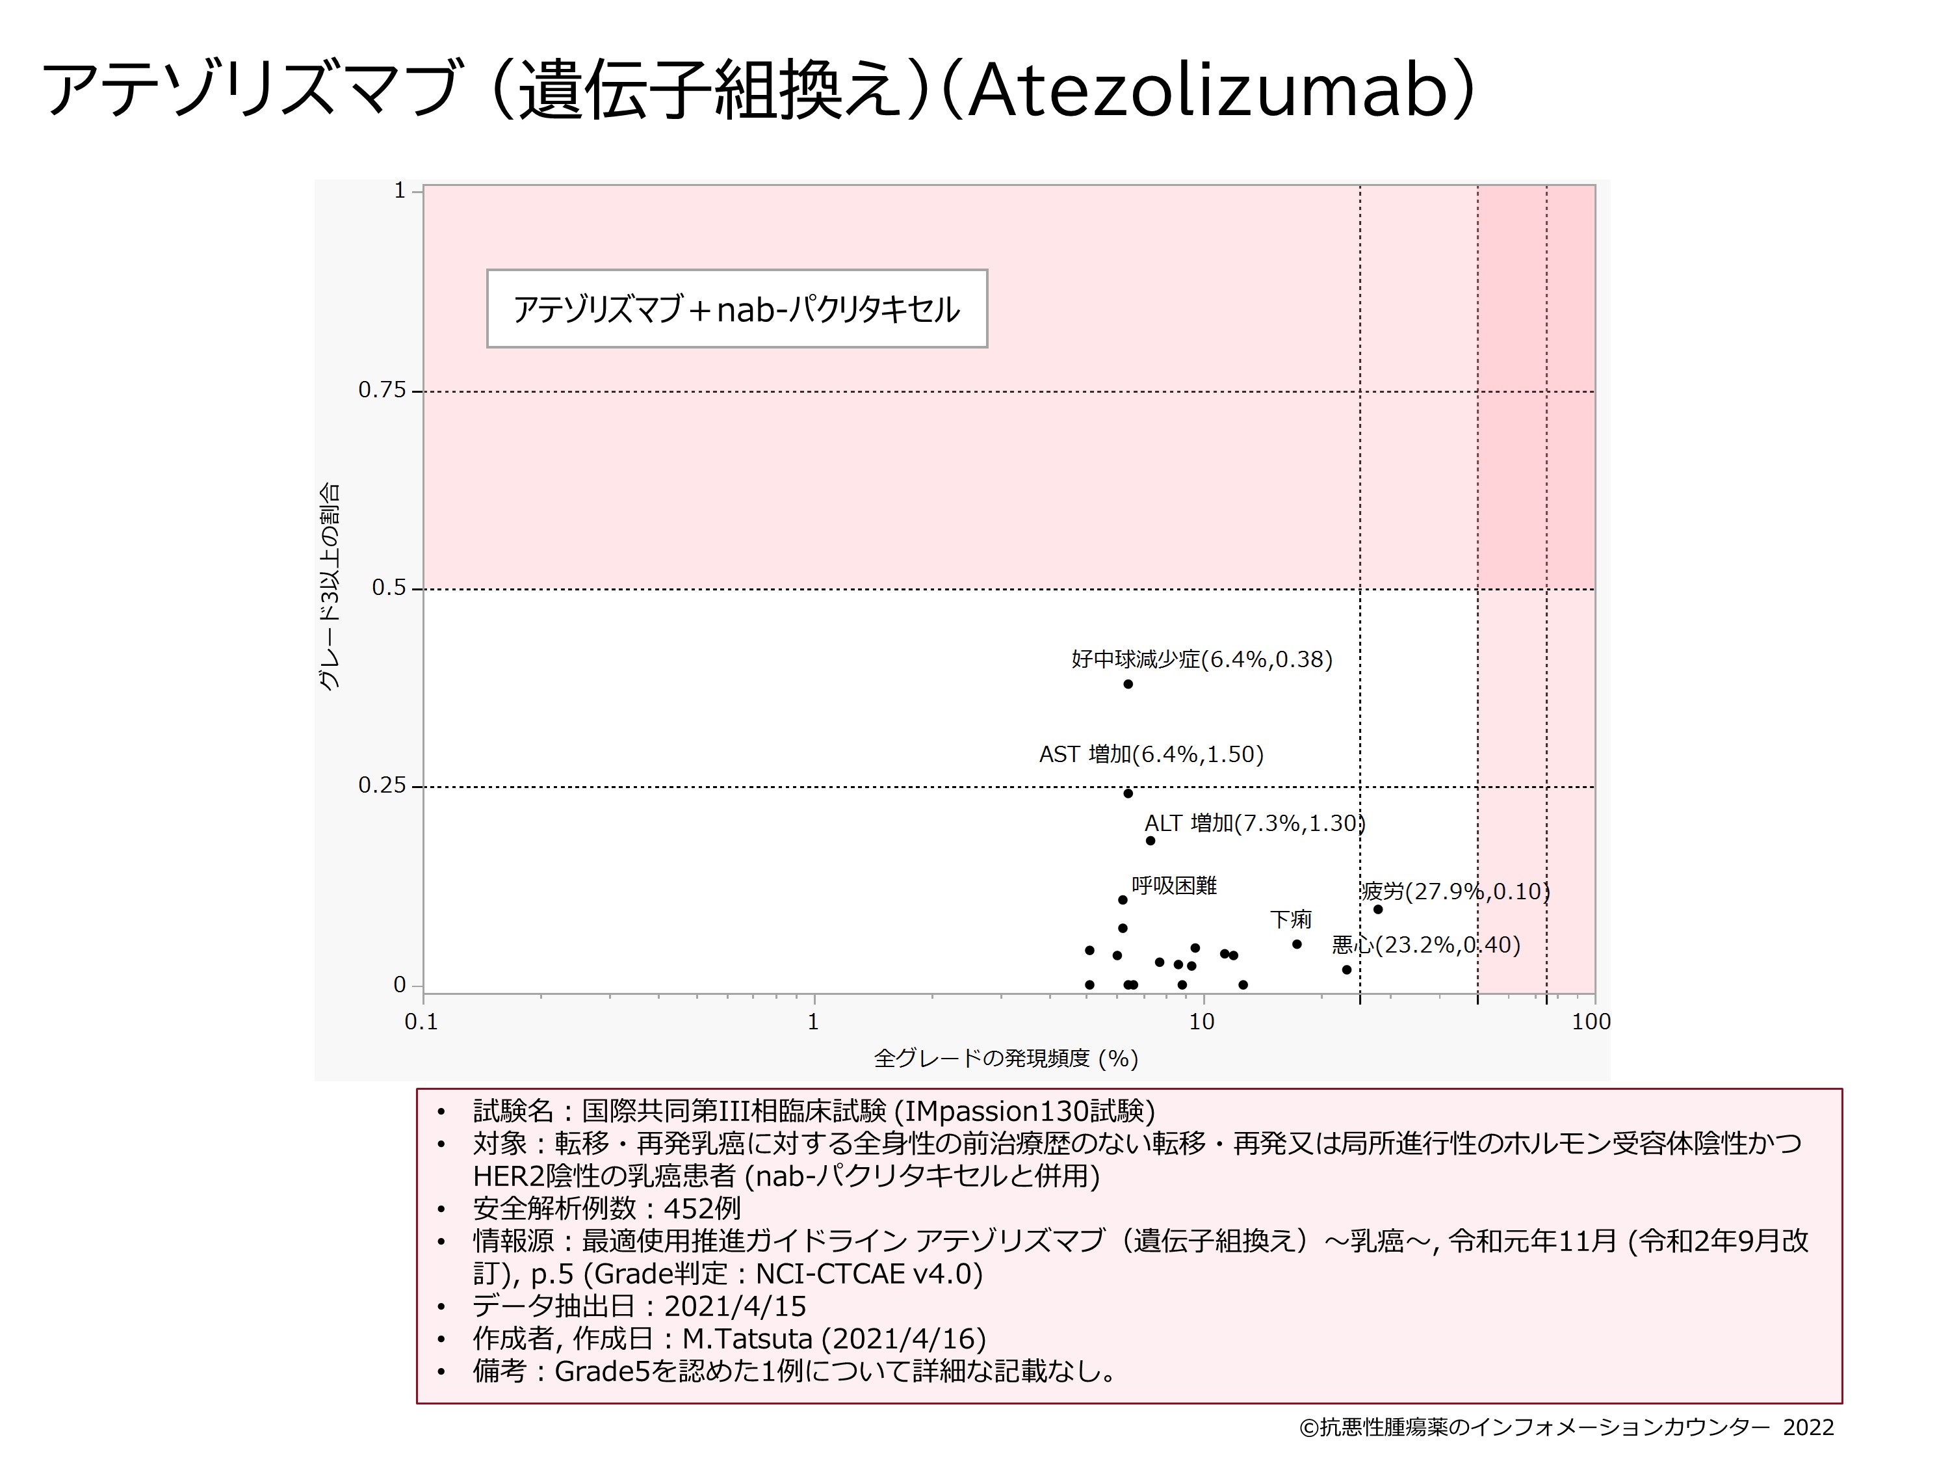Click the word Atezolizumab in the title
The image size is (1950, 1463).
click(x=1208, y=92)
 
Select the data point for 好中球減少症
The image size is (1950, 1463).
click(x=1128, y=683)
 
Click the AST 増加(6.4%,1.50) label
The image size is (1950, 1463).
click(x=1151, y=754)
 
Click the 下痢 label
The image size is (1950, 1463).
click(x=1291, y=920)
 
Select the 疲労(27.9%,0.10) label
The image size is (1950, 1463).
click(x=1455, y=891)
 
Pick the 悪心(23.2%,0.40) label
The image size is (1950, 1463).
click(x=1425, y=945)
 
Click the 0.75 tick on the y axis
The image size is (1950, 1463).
click(x=382, y=391)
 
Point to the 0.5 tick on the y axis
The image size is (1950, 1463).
click(x=389, y=588)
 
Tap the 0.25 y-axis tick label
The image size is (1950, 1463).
click(x=382, y=785)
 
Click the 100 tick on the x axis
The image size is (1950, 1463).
click(x=1591, y=1022)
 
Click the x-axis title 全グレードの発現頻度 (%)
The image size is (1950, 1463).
click(x=1006, y=1058)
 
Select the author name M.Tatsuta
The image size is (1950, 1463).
click(x=747, y=1339)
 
